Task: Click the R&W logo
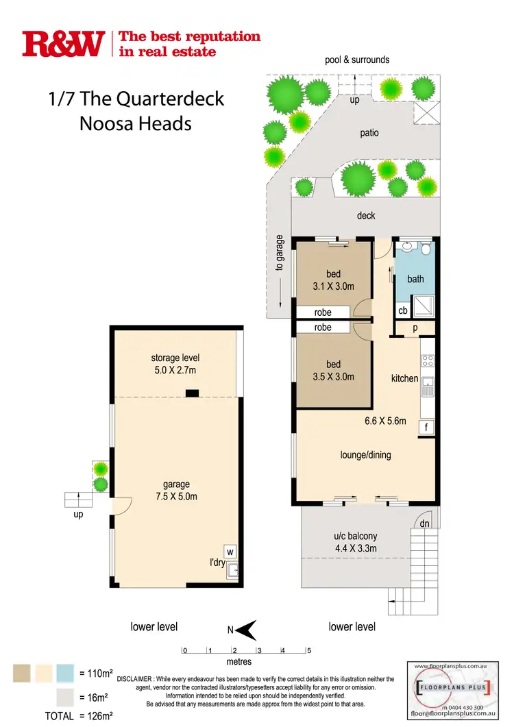63,43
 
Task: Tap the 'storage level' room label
174,358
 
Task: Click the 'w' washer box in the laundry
230,551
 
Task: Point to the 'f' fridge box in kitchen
426,428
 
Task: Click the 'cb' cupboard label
403,310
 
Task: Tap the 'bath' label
415,279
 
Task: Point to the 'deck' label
366,216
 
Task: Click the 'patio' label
369,133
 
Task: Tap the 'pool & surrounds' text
356,60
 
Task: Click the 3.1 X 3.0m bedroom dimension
333,286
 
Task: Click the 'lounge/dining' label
366,455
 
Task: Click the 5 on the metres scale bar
309,651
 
